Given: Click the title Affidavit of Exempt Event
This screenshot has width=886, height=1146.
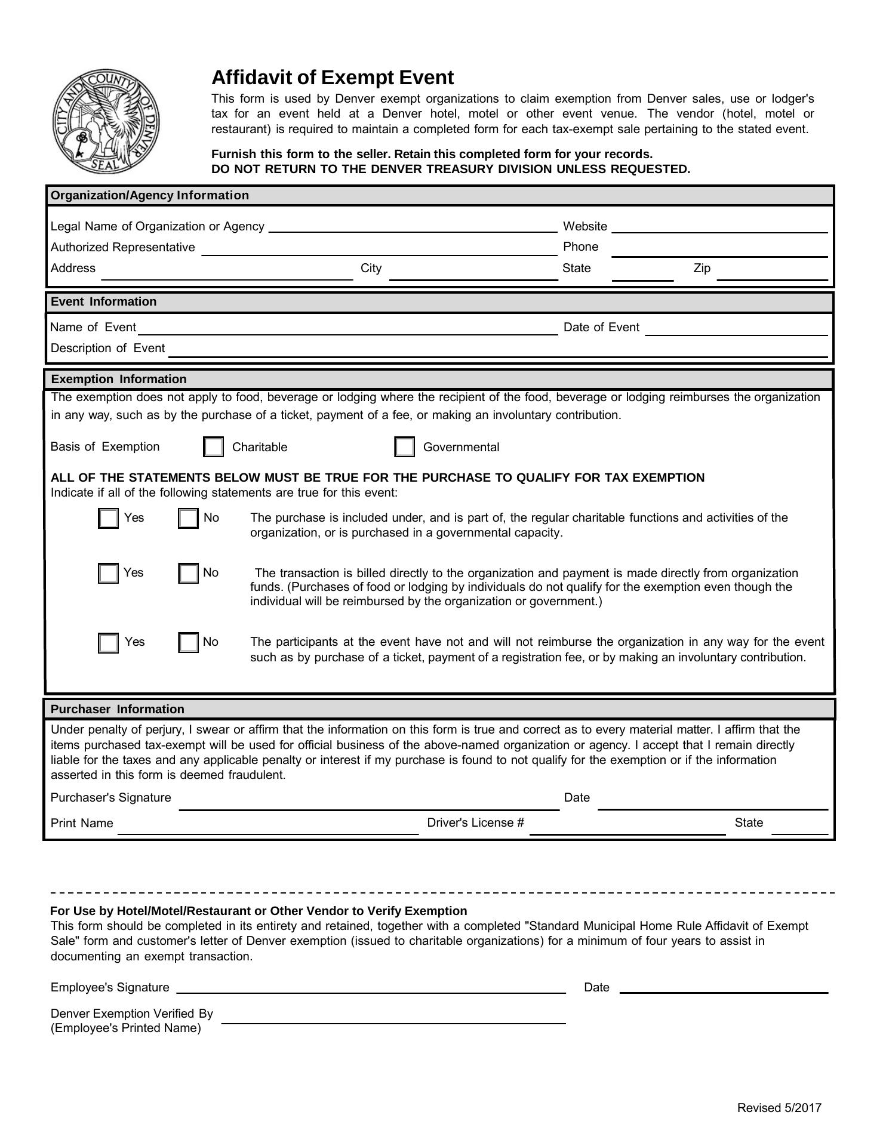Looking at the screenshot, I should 333,78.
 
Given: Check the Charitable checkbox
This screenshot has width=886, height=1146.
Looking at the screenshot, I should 213,447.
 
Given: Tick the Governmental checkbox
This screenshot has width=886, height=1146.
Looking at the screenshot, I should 404,447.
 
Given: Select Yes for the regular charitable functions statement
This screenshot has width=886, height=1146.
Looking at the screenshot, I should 108,518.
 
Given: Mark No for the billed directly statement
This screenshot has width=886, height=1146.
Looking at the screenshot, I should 188,573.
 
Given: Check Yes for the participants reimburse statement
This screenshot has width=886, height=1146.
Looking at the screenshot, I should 108,643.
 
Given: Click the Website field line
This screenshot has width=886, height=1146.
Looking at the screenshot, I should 719,227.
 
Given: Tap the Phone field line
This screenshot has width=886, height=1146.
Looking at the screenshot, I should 719,249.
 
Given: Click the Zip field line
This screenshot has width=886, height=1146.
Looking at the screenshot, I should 772,273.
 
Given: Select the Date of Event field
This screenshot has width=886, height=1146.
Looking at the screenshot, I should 736,329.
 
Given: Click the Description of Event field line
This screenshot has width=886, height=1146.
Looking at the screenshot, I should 499,350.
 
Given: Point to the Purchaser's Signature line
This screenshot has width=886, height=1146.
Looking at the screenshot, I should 369,803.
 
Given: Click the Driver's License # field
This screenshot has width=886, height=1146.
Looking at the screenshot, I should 627,827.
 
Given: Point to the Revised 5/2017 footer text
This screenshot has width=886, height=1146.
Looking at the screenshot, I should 779,1108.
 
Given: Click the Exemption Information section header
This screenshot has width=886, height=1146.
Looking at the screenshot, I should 119,380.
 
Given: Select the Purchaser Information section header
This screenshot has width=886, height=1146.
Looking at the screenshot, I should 118,709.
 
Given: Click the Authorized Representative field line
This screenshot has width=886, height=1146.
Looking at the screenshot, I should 379,249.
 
